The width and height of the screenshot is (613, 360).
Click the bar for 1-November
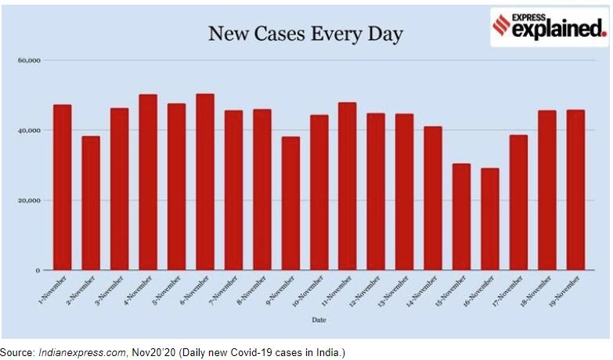coord(63,187)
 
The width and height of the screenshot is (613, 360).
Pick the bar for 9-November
coord(290,203)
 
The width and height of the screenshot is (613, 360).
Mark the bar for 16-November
coord(490,219)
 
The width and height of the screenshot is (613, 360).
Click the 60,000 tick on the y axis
coord(29,60)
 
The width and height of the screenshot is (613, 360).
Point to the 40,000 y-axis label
coord(29,130)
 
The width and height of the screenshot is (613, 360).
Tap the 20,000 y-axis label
coord(29,200)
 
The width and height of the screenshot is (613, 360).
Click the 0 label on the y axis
coord(37,271)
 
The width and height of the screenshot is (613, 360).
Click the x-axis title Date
coord(319,319)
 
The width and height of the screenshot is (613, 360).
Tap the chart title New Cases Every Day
coord(305,34)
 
